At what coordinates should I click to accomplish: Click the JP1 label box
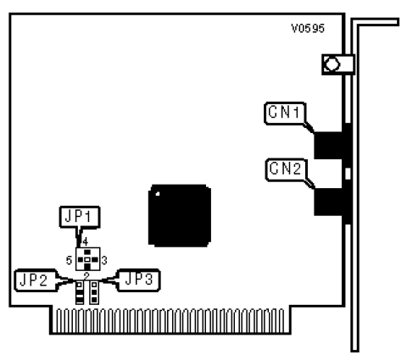pyautogui.click(x=80, y=217)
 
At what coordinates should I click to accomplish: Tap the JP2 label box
pyautogui.click(x=36, y=280)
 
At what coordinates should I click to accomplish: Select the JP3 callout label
pyautogui.click(x=138, y=280)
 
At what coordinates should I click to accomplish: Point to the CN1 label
pyautogui.click(x=285, y=113)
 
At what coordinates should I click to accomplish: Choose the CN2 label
pyautogui.click(x=286, y=169)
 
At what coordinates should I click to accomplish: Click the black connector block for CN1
pyautogui.click(x=329, y=145)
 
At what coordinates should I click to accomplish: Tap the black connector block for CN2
pyautogui.click(x=329, y=202)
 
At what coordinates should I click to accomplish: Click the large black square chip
pyautogui.click(x=180, y=216)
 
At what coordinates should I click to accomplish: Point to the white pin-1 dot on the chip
pyautogui.click(x=158, y=194)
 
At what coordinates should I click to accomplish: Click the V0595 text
pyautogui.click(x=308, y=28)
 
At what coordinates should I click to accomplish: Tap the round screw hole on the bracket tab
pyautogui.click(x=332, y=64)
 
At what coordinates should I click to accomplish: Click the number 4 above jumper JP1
pyautogui.click(x=85, y=242)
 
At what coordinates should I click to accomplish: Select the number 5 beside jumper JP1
pyautogui.click(x=69, y=260)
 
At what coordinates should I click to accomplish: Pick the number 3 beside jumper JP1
pyautogui.click(x=104, y=260)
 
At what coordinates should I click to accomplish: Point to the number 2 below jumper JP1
pyautogui.click(x=86, y=275)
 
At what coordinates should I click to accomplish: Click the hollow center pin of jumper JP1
pyautogui.click(x=87, y=259)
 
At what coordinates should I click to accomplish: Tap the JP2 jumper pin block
pyautogui.click(x=80, y=292)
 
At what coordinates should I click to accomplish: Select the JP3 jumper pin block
pyautogui.click(x=94, y=292)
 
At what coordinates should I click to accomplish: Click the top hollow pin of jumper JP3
pyautogui.click(x=94, y=285)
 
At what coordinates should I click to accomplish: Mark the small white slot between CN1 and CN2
pyautogui.click(x=348, y=174)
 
